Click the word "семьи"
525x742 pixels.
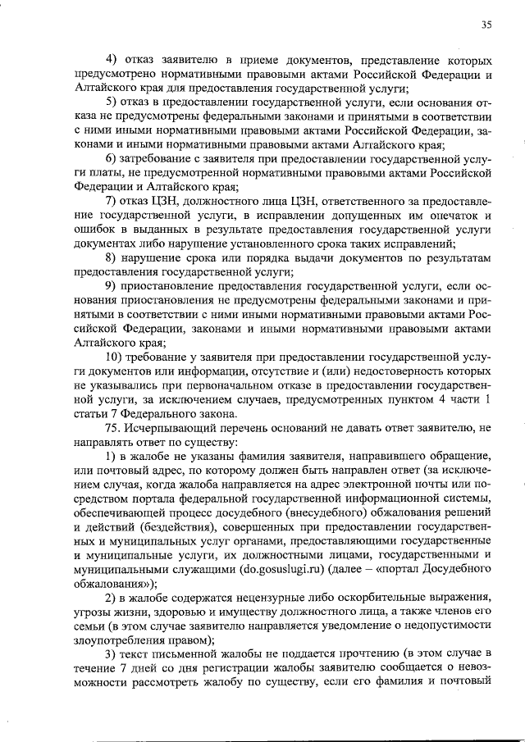(90, 628)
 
